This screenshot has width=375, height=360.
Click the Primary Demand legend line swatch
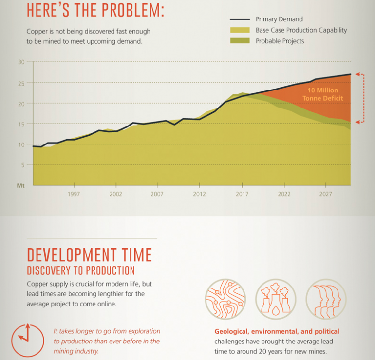coord(239,19)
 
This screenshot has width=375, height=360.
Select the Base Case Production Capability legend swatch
coord(239,30)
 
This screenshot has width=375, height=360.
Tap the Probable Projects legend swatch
coord(239,41)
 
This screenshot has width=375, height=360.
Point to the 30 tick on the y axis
coord(21,62)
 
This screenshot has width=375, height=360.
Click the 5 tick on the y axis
coord(22,165)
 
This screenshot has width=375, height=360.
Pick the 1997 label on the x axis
coord(74,194)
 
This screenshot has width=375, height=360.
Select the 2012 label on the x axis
coord(200,194)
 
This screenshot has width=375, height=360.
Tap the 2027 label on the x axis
coord(325,194)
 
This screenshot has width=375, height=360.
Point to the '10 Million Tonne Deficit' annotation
coord(322,94)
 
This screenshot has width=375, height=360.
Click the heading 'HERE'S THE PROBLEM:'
coord(95,11)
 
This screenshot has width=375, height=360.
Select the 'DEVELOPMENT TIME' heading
coord(90,255)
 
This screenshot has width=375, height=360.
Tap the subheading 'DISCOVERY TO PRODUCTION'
coord(81,270)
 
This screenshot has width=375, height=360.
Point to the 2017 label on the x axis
coord(242,194)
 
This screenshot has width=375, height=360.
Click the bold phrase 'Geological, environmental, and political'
coord(277,331)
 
